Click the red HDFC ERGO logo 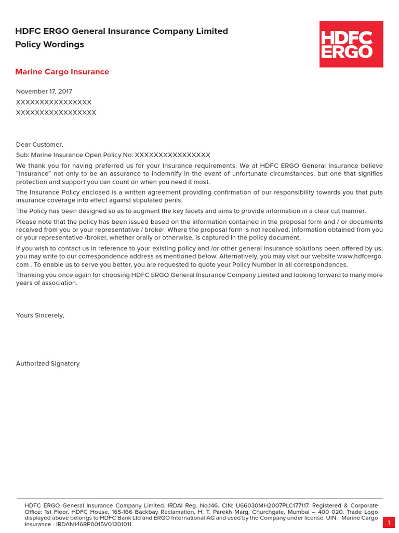click(x=351, y=44)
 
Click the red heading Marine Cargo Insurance click(x=62, y=72)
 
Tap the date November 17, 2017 click(x=44, y=92)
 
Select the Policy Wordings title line click(x=49, y=45)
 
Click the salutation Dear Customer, click(x=39, y=145)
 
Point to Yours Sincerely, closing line click(x=40, y=315)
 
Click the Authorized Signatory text click(x=48, y=364)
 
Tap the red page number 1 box click(x=389, y=523)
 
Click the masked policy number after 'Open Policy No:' click(x=172, y=155)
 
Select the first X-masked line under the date click(x=54, y=102)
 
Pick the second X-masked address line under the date click(x=56, y=112)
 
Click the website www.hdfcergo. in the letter click(x=360, y=257)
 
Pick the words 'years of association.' click(x=47, y=283)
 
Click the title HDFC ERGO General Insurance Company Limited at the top click(x=122, y=31)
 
